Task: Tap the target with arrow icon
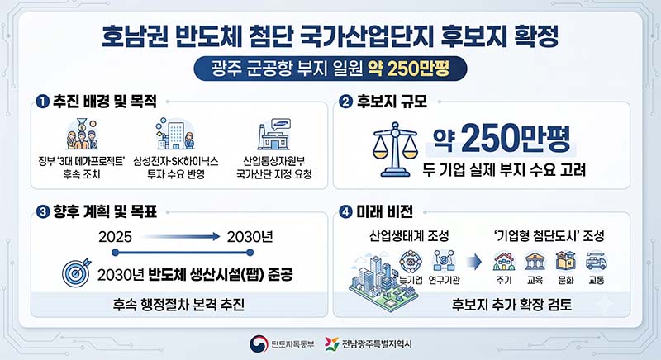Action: [x=76, y=272]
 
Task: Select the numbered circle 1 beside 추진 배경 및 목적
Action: [x=43, y=102]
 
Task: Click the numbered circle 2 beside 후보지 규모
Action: [x=345, y=102]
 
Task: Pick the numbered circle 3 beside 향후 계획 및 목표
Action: [x=43, y=212]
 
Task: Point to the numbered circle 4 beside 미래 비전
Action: [x=345, y=212]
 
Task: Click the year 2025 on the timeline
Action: [x=115, y=237]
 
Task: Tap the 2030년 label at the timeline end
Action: [x=250, y=237]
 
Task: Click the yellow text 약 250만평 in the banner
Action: [x=408, y=69]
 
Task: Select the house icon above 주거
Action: [x=504, y=261]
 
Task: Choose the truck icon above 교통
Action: [x=596, y=261]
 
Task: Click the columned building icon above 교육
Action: [x=535, y=261]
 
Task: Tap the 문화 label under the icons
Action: [x=566, y=280]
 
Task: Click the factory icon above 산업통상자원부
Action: [x=274, y=135]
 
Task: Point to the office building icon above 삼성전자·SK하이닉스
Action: [x=175, y=134]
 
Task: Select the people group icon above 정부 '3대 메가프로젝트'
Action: [x=82, y=134]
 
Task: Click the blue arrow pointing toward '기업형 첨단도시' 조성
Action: [x=474, y=262]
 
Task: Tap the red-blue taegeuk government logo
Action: [x=259, y=343]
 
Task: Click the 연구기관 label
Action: [x=445, y=280]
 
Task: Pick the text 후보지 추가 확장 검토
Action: [x=511, y=304]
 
